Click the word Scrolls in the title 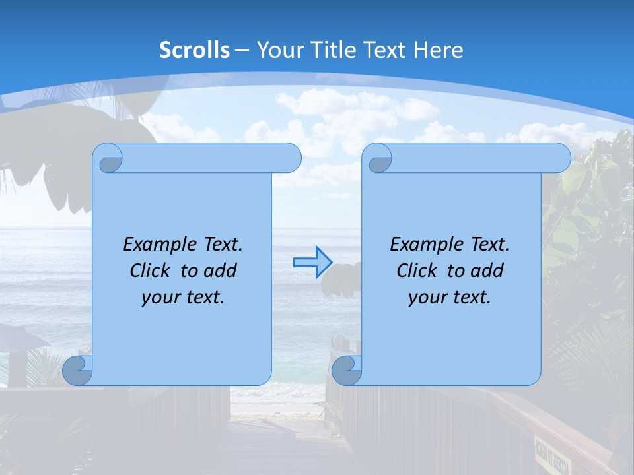(x=195, y=50)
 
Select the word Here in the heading (x=439, y=50)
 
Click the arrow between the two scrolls (x=312, y=262)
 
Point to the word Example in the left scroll (x=156, y=244)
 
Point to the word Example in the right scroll (x=423, y=244)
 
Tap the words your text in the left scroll (x=183, y=297)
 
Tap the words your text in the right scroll (x=450, y=297)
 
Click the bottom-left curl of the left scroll (x=77, y=371)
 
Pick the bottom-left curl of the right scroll (x=347, y=371)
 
